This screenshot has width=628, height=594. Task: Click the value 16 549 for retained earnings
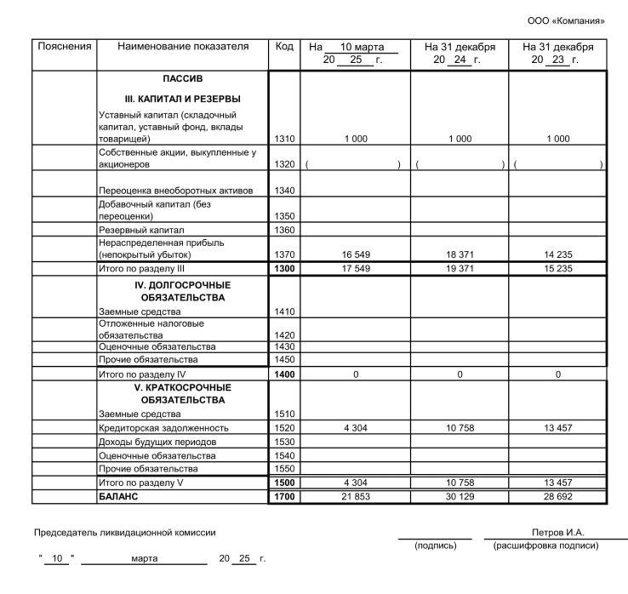355,254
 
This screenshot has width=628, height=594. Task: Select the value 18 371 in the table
459,254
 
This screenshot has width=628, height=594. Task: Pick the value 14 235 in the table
557,254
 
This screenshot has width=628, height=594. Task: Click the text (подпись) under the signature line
434,545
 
